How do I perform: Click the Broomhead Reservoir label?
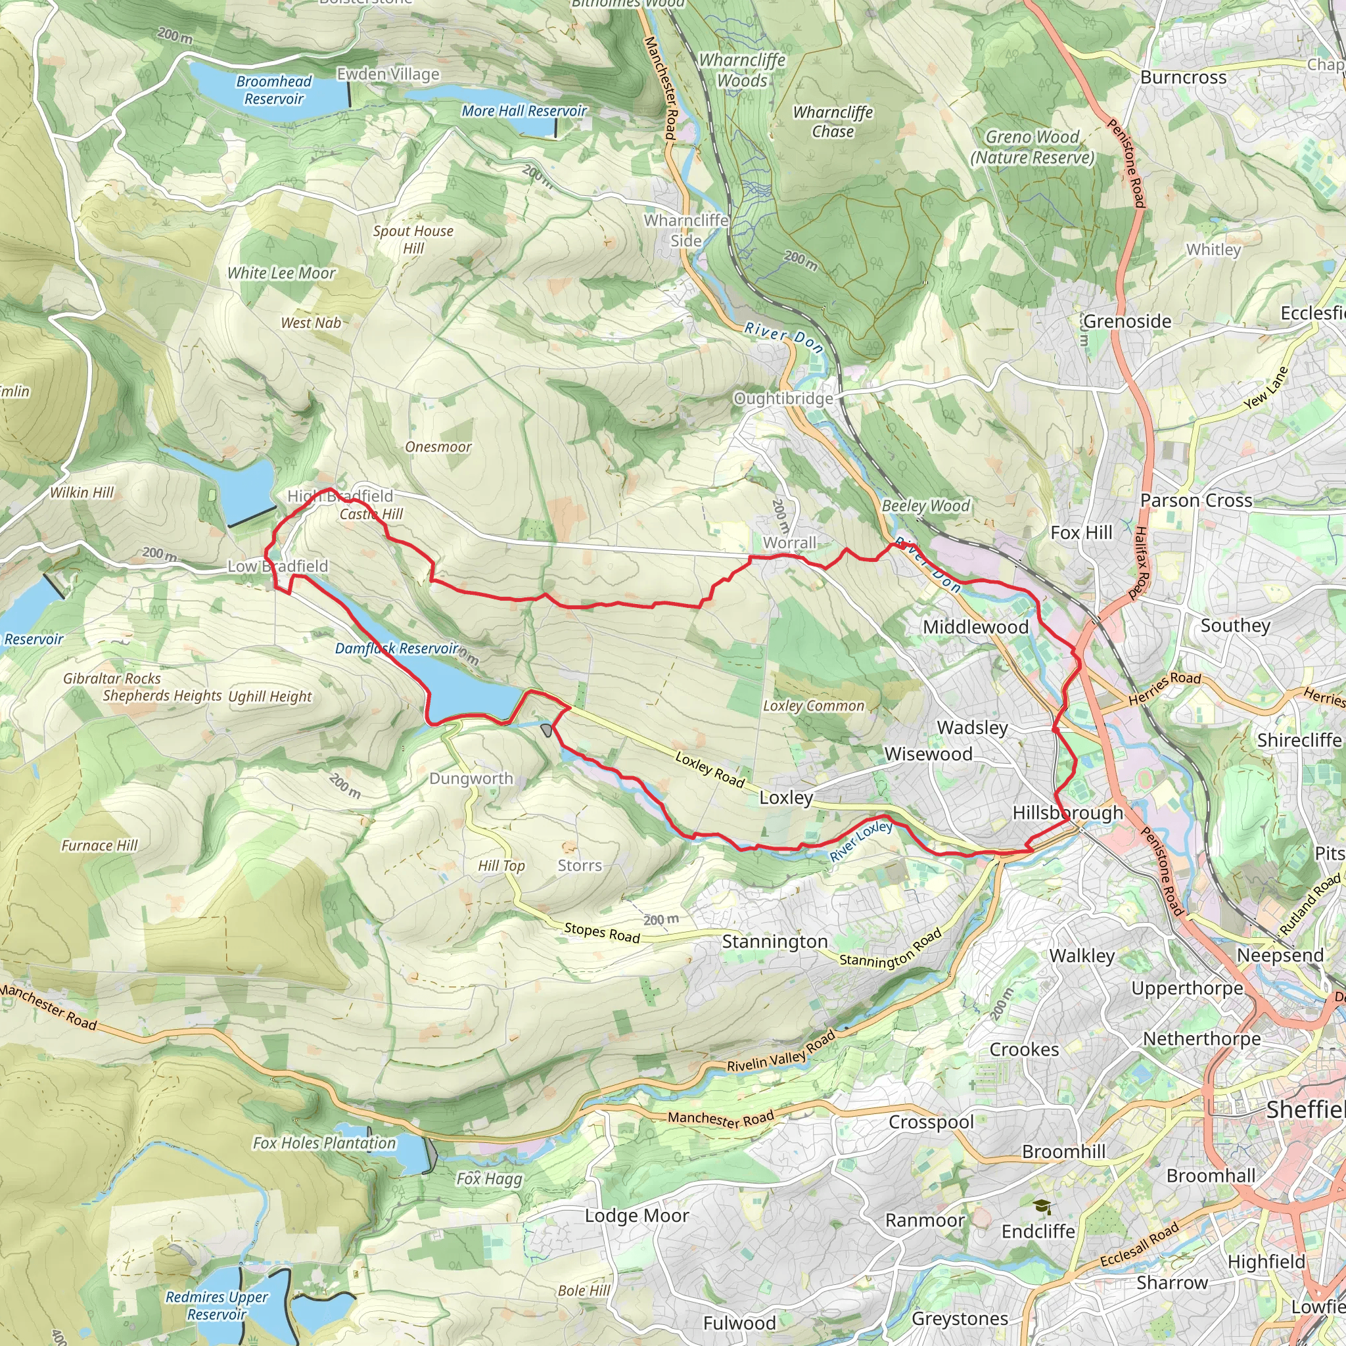[274, 90]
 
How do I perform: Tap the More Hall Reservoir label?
[524, 111]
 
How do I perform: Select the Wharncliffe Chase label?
[833, 121]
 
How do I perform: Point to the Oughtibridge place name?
[783, 398]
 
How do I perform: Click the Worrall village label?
[789, 543]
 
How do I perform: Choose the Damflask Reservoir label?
[396, 648]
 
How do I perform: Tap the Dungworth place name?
[471, 778]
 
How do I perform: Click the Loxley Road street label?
[710, 769]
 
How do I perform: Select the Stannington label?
[775, 942]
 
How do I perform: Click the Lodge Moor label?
[637, 1216]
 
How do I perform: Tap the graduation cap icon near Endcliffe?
[1042, 1207]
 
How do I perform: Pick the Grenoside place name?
[1127, 321]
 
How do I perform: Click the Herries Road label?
[1164, 688]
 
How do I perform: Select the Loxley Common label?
[813, 706]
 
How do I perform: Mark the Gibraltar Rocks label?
[112, 678]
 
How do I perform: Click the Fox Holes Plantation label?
[324, 1142]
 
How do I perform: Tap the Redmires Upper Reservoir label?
[217, 1306]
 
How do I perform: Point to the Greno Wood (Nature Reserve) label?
[1032, 147]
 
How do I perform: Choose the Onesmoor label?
[438, 446]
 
